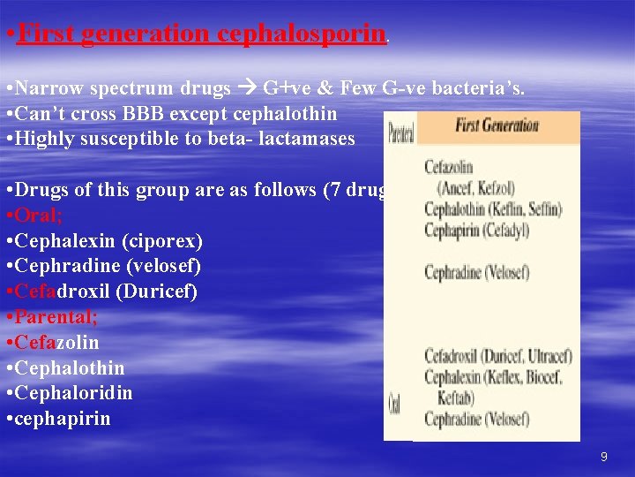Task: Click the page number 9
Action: tap(603, 457)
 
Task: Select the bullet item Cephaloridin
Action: tap(74, 393)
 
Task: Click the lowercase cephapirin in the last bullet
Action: tap(64, 419)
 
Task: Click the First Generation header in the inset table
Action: tap(497, 125)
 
